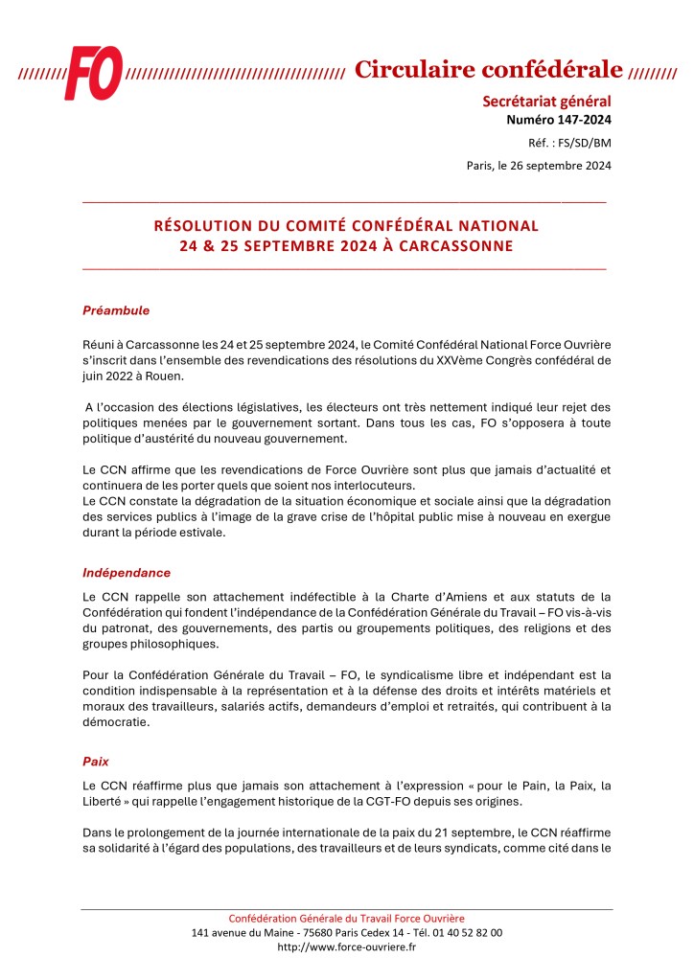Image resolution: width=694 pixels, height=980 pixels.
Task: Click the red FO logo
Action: (x=93, y=72)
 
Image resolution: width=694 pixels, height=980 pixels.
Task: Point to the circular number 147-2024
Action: (x=579, y=120)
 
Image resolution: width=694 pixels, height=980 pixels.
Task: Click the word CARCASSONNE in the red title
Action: (x=452, y=246)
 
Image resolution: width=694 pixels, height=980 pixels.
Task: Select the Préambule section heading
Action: (x=116, y=311)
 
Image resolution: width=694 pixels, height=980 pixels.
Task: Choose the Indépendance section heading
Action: (x=127, y=573)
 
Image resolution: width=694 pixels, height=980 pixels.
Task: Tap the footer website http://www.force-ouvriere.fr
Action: (x=347, y=946)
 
